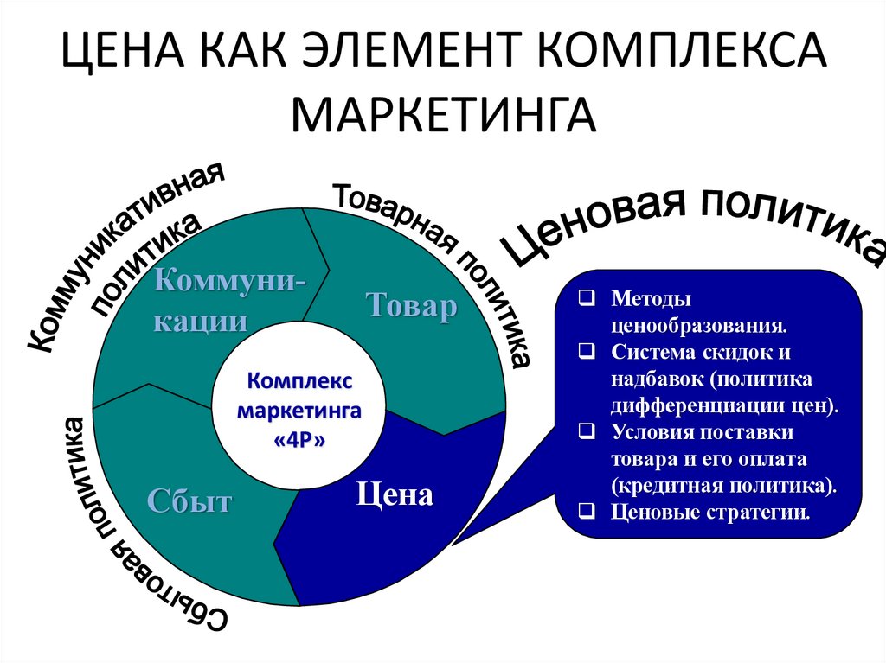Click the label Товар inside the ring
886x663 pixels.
tap(411, 307)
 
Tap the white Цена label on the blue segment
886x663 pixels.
tap(394, 495)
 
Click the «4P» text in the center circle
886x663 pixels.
tap(299, 439)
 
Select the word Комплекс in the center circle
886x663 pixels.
tap(299, 380)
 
